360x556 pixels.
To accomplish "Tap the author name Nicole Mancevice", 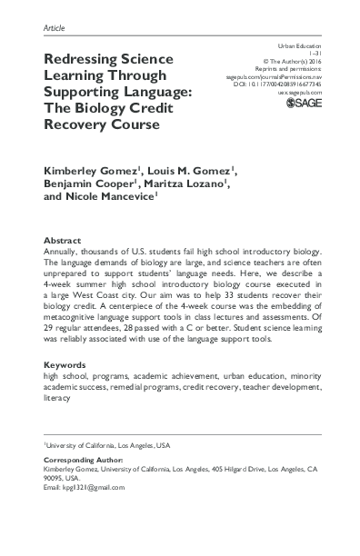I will pyautogui.click(x=115, y=203).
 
